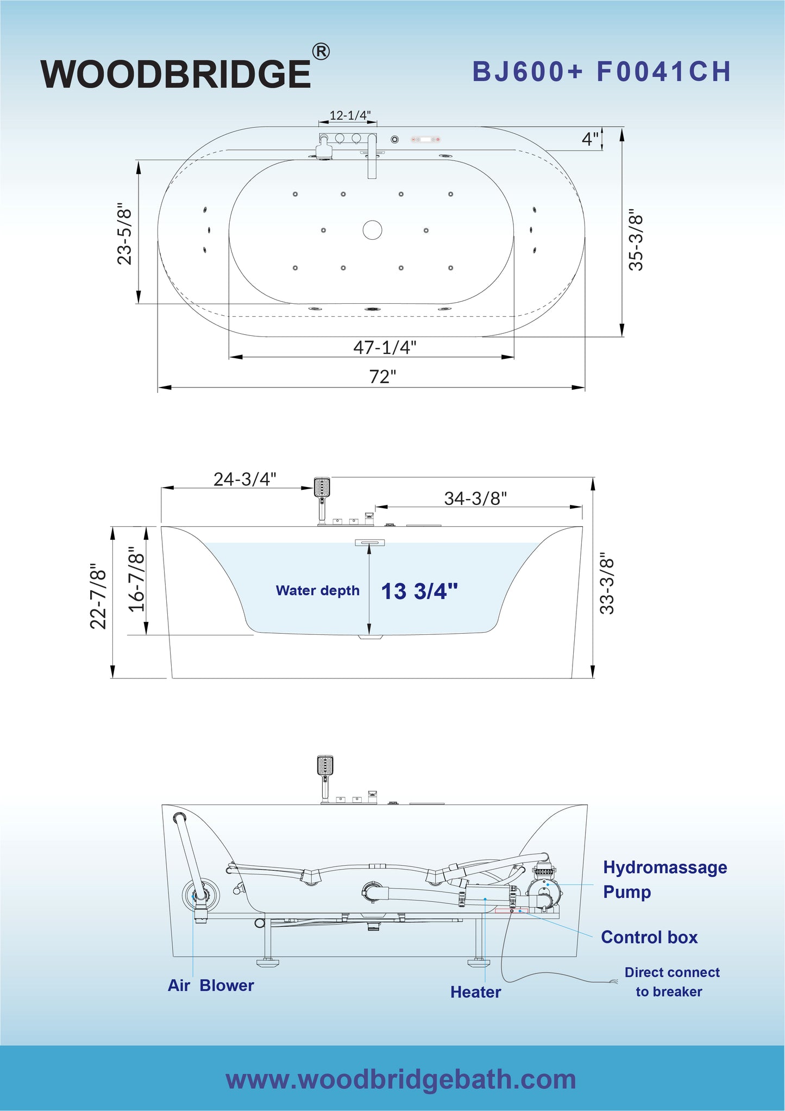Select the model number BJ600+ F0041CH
point(601,72)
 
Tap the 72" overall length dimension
point(382,376)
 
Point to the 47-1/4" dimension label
point(385,347)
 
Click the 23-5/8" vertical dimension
point(125,234)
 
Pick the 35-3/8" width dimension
point(636,239)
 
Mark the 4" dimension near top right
point(590,139)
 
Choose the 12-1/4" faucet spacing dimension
point(350,115)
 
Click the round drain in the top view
point(372,229)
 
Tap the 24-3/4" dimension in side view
point(244,479)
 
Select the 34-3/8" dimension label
point(475,498)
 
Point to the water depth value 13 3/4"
point(419,591)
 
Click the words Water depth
point(317,590)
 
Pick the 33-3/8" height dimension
point(607,583)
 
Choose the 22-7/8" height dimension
point(98,596)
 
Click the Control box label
point(649,937)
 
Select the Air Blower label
point(211,985)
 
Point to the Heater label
point(475,992)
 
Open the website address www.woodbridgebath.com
point(400,1079)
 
